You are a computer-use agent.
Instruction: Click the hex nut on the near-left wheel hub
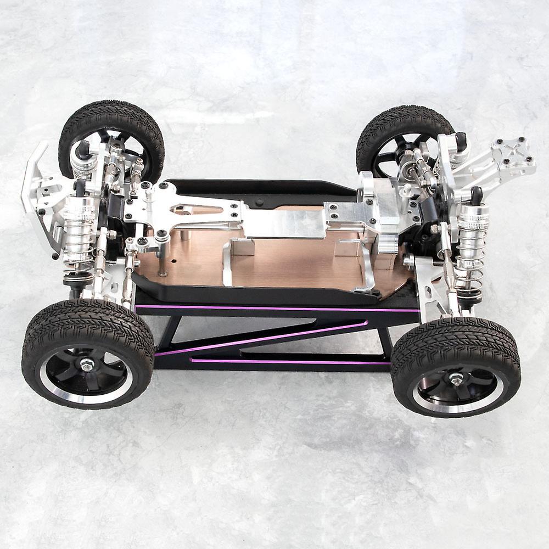point(87,364)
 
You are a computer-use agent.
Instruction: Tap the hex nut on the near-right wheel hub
point(457,378)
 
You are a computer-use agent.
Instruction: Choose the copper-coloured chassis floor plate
point(296,264)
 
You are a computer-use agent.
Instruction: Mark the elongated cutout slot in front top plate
point(189,209)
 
